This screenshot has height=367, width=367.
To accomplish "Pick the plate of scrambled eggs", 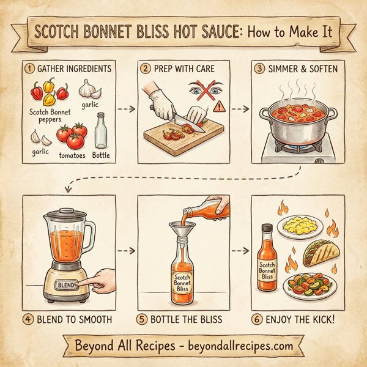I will point(300,225).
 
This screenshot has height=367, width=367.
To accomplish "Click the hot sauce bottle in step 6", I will point(267,257).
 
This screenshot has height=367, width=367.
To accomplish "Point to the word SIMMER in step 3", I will point(282,69).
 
